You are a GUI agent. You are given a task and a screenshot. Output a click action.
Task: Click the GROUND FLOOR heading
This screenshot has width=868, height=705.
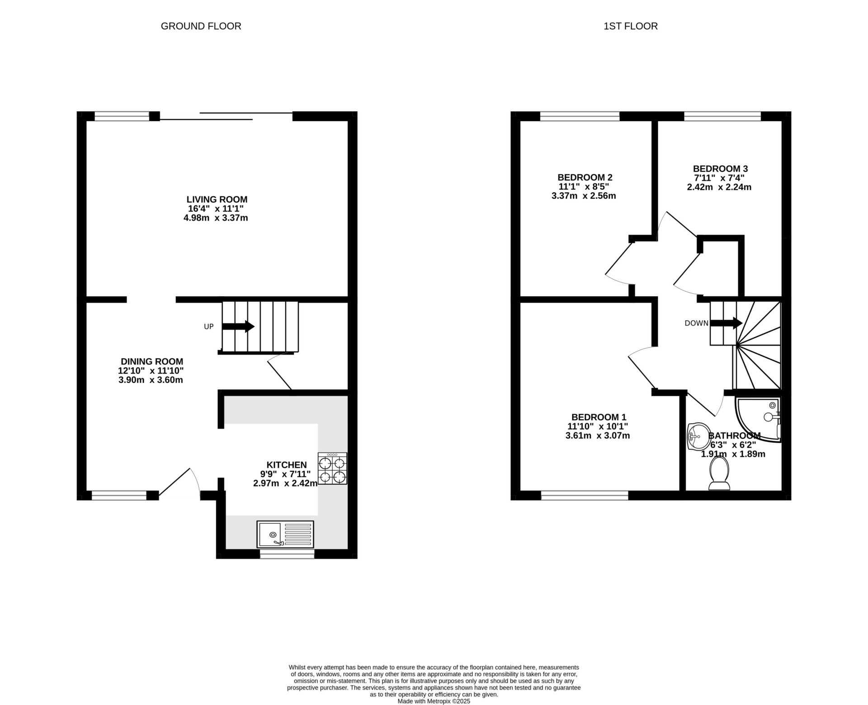click(x=201, y=26)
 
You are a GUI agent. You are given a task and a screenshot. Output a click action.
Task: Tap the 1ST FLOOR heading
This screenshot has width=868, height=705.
click(x=630, y=26)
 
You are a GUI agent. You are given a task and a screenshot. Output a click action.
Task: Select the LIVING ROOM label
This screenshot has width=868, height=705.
click(x=217, y=199)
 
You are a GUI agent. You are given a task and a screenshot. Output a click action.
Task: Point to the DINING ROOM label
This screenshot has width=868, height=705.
click(x=152, y=361)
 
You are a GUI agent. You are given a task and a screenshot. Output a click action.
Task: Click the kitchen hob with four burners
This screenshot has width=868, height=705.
click(x=333, y=469)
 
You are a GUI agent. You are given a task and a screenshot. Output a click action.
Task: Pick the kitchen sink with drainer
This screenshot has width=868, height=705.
click(x=285, y=534)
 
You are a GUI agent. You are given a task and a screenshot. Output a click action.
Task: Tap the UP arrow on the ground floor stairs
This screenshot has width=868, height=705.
click(x=238, y=326)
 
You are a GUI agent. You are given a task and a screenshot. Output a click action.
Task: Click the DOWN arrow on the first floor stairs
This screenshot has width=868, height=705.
click(x=726, y=323)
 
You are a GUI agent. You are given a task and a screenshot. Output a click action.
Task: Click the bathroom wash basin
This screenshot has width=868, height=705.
click(x=697, y=436)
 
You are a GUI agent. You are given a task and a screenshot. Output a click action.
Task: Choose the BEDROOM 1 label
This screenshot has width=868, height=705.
click(x=599, y=417)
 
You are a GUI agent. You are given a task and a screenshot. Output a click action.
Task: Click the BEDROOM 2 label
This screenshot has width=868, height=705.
click(x=585, y=177)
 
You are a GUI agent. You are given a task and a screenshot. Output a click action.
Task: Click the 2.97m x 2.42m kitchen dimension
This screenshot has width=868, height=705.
click(x=285, y=483)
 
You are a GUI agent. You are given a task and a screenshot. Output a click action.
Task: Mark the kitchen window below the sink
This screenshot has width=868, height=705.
click(x=287, y=554)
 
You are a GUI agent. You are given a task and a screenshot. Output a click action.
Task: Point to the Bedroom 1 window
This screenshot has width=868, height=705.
click(x=585, y=496)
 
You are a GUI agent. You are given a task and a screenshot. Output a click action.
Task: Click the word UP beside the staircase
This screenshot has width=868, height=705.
click(x=208, y=326)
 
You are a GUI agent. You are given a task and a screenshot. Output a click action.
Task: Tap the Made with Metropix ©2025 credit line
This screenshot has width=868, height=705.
click(x=434, y=701)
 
